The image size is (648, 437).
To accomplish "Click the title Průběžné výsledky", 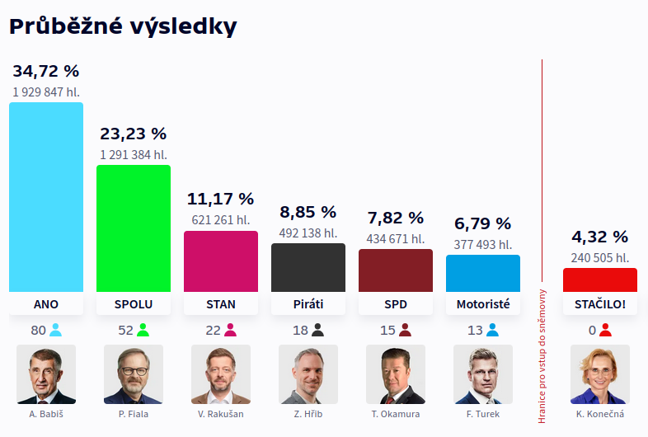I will [123, 26].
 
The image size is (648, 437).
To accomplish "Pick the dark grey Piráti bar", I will [308, 267].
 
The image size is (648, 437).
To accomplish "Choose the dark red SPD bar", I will [396, 270].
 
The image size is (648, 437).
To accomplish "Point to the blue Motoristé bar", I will [483, 273].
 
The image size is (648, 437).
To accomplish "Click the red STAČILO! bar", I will [600, 280].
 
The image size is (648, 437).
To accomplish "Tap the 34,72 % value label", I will [46, 71].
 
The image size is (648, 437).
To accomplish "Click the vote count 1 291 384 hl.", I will [134, 154].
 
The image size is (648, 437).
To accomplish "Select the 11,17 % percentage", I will [221, 199].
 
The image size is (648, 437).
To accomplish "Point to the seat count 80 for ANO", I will [38, 331].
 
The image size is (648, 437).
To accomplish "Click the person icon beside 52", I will [143, 331].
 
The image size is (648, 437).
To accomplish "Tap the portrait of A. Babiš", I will [46, 374].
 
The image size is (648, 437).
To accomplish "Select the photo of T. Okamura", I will [396, 374].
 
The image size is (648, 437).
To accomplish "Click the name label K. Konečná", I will [600, 414].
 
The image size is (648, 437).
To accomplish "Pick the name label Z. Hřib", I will [308, 414].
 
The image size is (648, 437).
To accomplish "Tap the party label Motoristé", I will [483, 304].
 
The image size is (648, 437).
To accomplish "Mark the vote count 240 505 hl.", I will [600, 257].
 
